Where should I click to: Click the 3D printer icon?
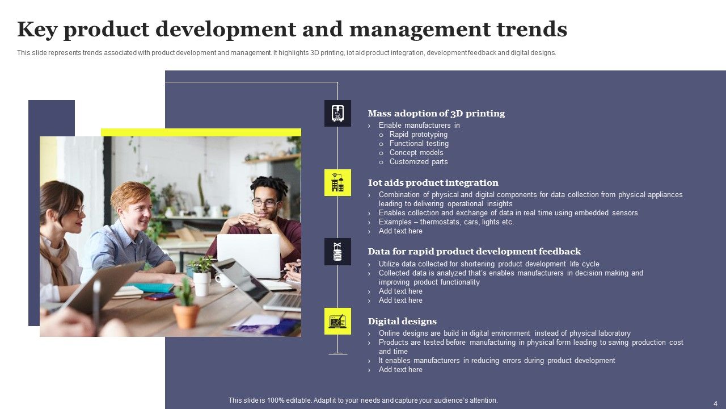[337, 113]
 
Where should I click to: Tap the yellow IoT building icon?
[337, 182]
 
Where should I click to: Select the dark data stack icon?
[337, 252]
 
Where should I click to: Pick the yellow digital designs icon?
[337, 321]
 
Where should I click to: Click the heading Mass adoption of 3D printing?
[436, 114]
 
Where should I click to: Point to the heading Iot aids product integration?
[433, 183]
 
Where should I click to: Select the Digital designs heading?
[402, 322]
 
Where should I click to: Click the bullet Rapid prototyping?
[418, 135]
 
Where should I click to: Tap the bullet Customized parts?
[418, 162]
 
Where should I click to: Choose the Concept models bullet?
[416, 153]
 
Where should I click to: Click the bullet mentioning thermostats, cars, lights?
[446, 222]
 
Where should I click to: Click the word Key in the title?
[37, 30]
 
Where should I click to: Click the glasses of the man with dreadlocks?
[264, 202]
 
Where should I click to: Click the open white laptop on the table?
[248, 254]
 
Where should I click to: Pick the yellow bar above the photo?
[201, 132]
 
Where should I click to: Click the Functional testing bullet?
[419, 144]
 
